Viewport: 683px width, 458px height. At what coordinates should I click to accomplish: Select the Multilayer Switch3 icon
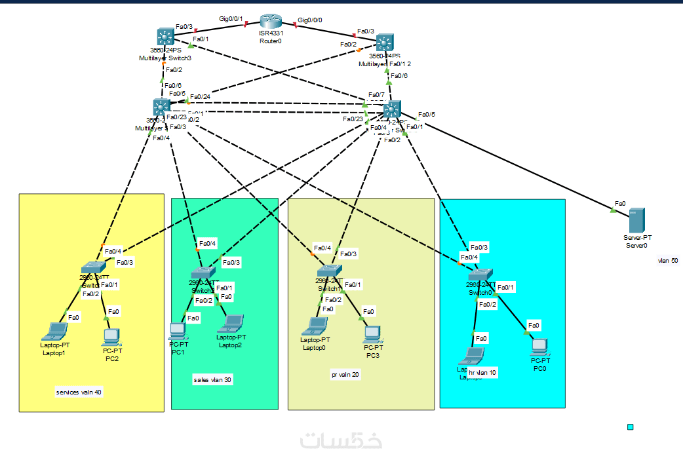pos(165,37)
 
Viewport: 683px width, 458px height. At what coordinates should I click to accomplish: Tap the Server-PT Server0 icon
pos(636,219)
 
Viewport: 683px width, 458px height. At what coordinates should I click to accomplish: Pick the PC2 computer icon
pos(111,337)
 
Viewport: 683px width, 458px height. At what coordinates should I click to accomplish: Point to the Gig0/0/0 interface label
pos(310,20)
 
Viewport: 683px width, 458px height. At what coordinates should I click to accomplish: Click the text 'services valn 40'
pos(79,392)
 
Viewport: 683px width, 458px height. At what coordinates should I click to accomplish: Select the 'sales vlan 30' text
pos(212,379)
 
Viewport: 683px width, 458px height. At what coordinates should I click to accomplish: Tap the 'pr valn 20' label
pos(345,375)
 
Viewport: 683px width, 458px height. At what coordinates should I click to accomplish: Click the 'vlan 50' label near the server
pos(668,261)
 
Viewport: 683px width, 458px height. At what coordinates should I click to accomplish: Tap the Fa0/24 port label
pos(200,97)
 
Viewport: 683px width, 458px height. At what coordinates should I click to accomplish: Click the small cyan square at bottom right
pos(631,427)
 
